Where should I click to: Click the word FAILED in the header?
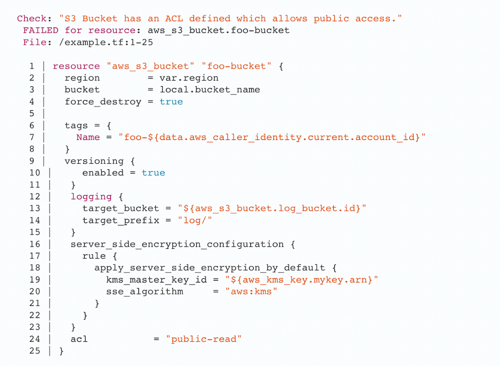41,30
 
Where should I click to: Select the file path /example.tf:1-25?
106,42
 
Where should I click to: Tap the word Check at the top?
32,19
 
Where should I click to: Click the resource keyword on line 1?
76,66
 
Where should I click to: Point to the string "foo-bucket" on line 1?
237,66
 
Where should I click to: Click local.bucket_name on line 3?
210,90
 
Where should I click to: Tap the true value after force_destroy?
171,102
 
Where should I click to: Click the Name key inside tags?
88,137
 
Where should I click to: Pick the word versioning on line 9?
94,161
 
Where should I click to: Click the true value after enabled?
153,173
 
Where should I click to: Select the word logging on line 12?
91,197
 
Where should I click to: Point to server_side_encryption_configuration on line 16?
177,245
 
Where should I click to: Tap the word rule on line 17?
94,256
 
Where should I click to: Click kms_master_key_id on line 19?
157,280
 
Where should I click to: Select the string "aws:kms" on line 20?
251,292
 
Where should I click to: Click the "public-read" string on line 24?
204,339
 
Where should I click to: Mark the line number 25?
35,351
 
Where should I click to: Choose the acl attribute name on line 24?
79,339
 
